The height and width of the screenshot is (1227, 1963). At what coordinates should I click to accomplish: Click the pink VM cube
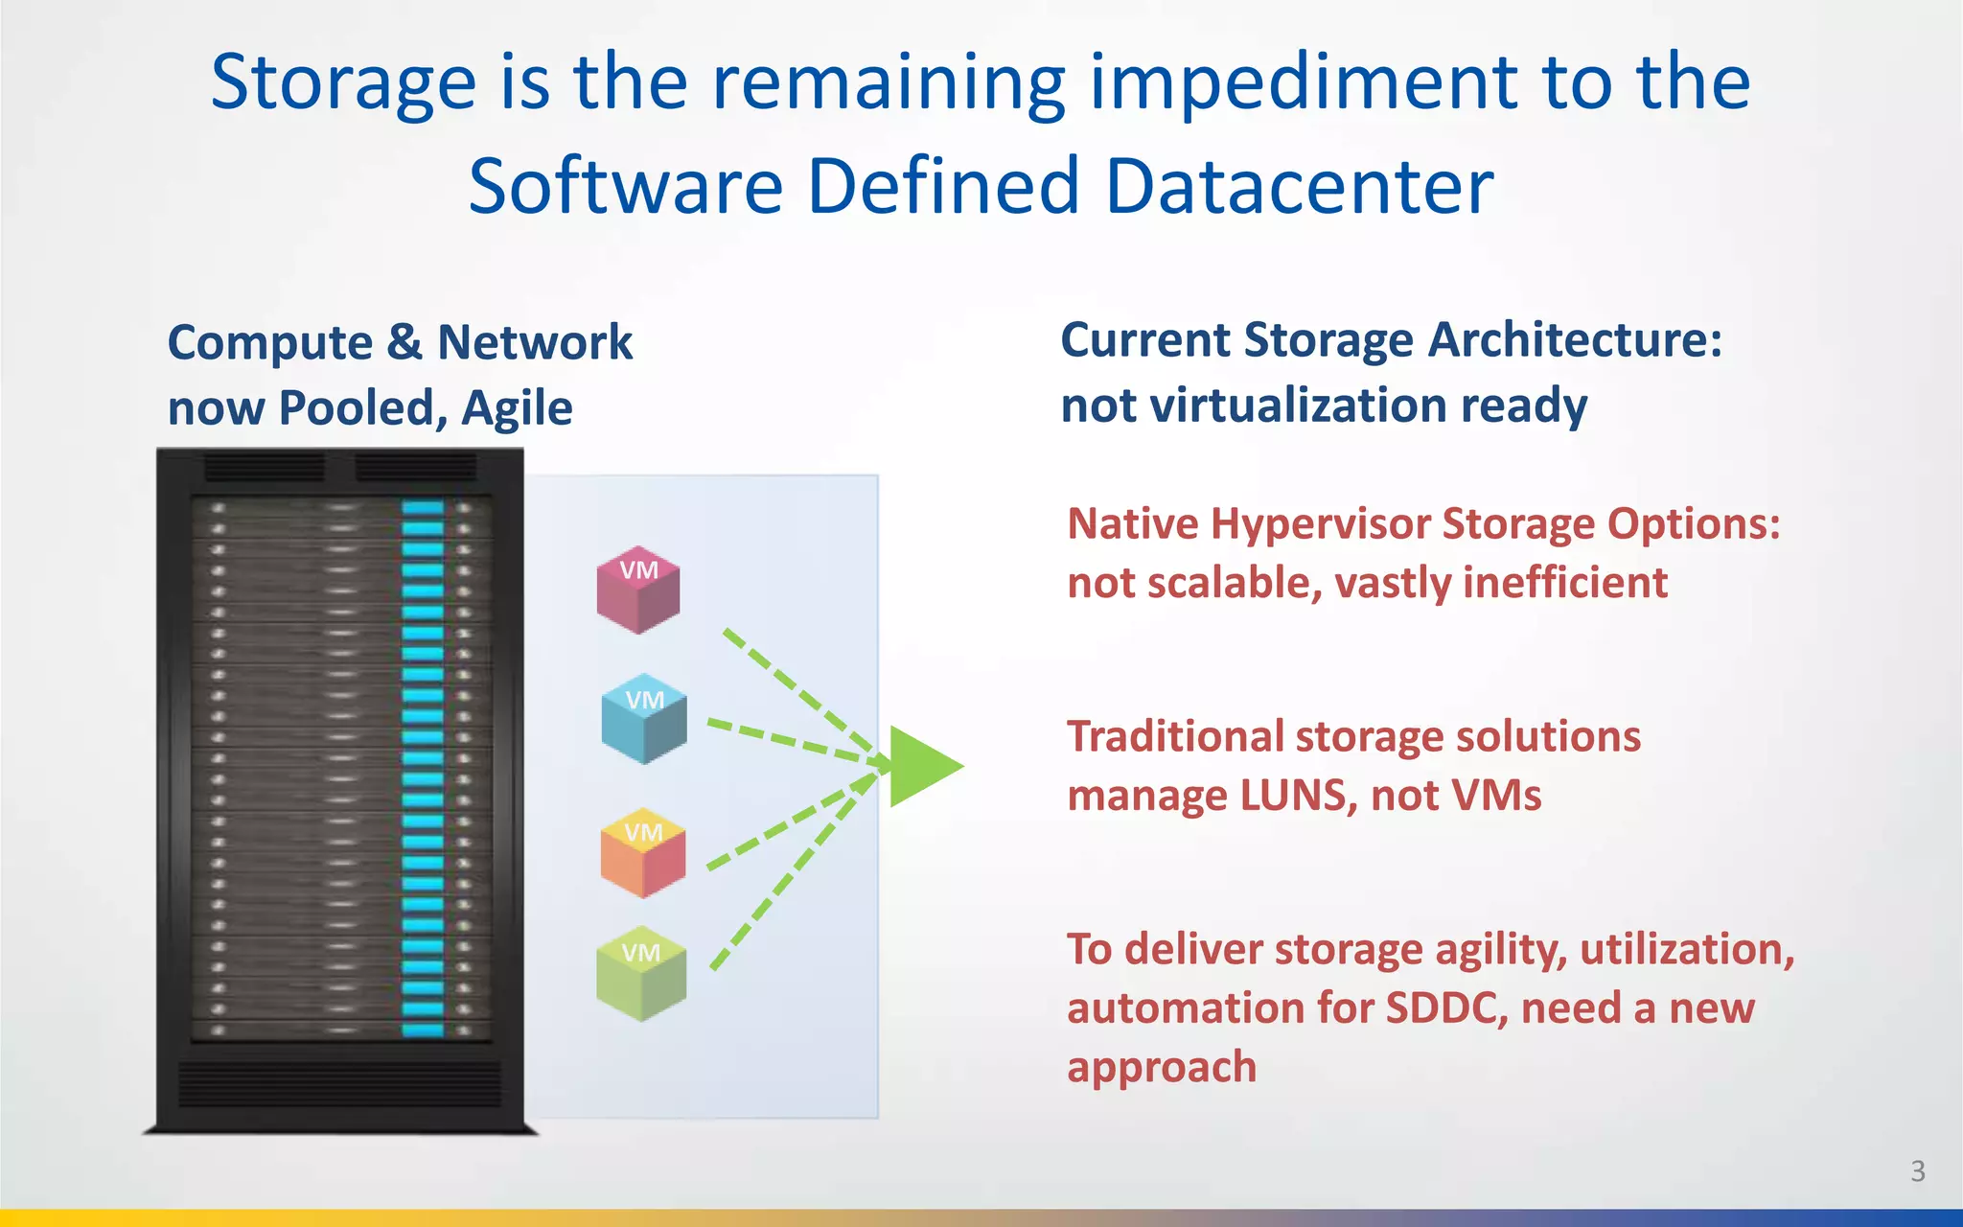click(x=638, y=590)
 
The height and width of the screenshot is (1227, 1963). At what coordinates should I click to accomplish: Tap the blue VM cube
click(x=644, y=719)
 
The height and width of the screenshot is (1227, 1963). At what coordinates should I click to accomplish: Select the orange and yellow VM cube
click(x=643, y=852)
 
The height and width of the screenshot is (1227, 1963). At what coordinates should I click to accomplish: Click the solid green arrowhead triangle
click(x=922, y=766)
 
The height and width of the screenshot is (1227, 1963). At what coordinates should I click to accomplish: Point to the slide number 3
click(x=1917, y=1170)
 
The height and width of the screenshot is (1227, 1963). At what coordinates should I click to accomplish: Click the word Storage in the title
click(x=343, y=83)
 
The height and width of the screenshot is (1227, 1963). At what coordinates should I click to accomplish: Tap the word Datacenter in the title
click(x=1299, y=186)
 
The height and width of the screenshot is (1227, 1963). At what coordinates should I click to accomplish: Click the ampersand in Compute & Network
click(x=404, y=343)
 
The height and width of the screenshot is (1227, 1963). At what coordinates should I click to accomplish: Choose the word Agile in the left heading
click(x=518, y=409)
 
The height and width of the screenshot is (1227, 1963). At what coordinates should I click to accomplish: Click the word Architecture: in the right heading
click(x=1576, y=340)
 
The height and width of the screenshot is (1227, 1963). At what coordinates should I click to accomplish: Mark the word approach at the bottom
click(x=1162, y=1068)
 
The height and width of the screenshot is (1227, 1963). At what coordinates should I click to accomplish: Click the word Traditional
click(x=1175, y=737)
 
